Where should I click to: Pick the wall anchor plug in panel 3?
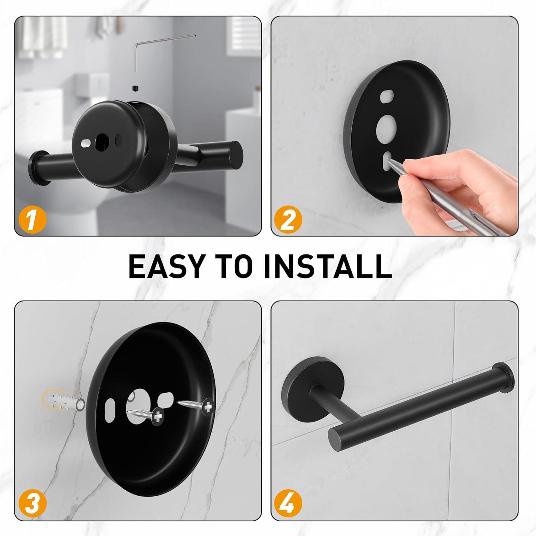[63, 403]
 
